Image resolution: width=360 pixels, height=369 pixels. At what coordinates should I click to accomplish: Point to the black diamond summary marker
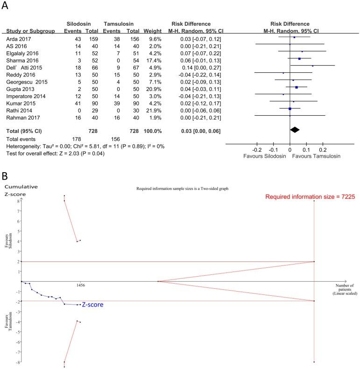pyautogui.click(x=294, y=130)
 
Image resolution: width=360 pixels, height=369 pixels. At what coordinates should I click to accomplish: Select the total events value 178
pyautogui.click(x=82, y=139)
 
